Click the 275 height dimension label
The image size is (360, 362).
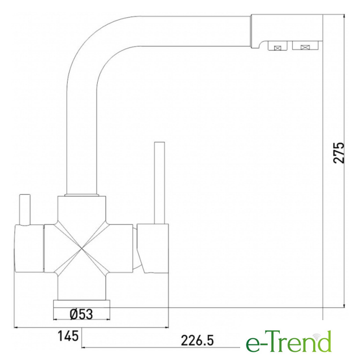click(339, 153)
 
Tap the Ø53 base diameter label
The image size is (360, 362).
click(81, 314)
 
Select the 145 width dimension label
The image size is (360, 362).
click(68, 336)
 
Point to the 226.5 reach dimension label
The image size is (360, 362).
click(197, 341)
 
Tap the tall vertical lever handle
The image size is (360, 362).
click(159, 183)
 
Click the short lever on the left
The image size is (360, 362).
click(25, 210)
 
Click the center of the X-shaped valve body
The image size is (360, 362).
click(82, 248)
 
